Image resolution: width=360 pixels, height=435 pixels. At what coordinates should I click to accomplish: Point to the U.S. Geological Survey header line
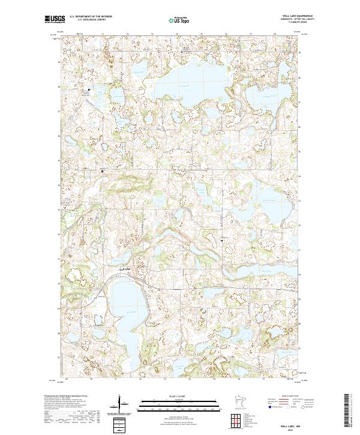pyautogui.click(x=89, y=21)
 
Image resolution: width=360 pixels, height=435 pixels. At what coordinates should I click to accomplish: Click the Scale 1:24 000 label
pyautogui.click(x=180, y=396)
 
